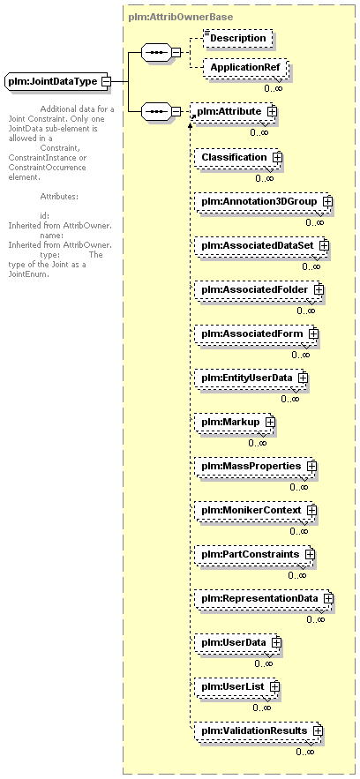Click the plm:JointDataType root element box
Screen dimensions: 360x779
(x=57, y=81)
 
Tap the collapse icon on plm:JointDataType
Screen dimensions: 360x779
(x=105, y=81)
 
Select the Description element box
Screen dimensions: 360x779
(x=238, y=38)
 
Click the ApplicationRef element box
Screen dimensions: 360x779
(x=244, y=67)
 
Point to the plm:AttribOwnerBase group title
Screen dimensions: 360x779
(x=180, y=17)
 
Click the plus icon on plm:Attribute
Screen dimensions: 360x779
(x=271, y=111)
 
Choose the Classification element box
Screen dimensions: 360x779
(x=238, y=157)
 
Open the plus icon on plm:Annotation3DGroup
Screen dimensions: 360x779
(x=326, y=202)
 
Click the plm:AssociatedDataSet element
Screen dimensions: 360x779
(x=262, y=245)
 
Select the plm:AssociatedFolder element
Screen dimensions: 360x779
(x=259, y=289)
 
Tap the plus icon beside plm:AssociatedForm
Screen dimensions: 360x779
(x=313, y=333)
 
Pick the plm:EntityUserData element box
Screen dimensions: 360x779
(x=251, y=378)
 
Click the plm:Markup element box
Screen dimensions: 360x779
(x=235, y=422)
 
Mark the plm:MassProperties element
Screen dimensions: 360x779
(x=255, y=466)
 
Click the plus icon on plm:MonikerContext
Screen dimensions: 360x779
(x=311, y=510)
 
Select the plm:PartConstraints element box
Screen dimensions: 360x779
(x=254, y=553)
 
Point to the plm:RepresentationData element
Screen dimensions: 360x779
(x=263, y=598)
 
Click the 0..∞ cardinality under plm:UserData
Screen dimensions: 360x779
(x=264, y=663)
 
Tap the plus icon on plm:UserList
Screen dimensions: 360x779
(x=274, y=686)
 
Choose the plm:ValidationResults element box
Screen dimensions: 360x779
(x=258, y=730)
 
